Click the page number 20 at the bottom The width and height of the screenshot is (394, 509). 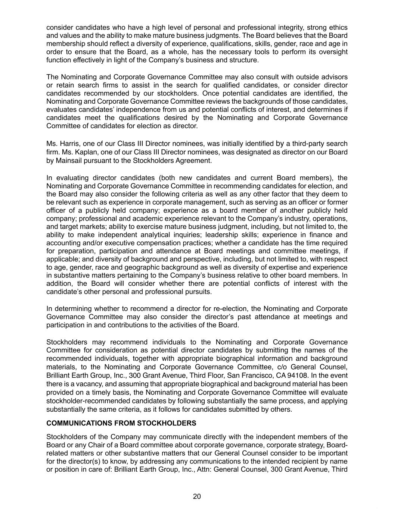[x=197, y=496]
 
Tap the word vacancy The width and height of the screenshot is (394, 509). [x=81, y=384]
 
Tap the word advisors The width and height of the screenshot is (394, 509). [x=334, y=77]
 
